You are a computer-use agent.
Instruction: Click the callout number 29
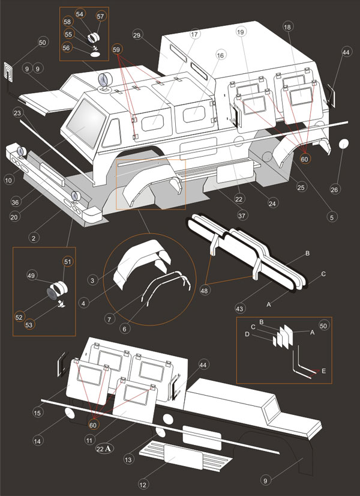[x=137, y=35]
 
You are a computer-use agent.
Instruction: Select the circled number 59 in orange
[x=116, y=50]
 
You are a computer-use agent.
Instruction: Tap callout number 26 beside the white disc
[x=334, y=190]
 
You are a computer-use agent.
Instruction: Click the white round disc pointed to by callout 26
[x=344, y=144]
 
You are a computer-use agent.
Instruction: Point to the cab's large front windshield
[x=86, y=123]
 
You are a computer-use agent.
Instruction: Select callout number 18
[x=287, y=27]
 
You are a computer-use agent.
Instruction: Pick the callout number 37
[x=242, y=216]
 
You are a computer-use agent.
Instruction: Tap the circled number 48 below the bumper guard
[x=204, y=290]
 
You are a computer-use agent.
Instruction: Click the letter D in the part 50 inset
[x=247, y=334]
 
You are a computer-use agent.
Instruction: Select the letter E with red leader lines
[x=323, y=371]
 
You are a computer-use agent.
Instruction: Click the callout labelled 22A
[x=104, y=449]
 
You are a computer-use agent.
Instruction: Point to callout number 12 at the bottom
[x=143, y=485]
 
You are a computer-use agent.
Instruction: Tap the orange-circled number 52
[x=19, y=317]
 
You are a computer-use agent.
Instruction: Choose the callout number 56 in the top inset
[x=67, y=47]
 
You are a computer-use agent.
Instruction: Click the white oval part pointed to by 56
[x=95, y=55]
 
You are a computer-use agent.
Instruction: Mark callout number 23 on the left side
[x=17, y=113]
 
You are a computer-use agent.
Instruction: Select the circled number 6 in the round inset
[x=124, y=329]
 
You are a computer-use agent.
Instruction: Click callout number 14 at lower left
[x=37, y=441]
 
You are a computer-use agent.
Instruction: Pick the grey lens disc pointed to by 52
[x=52, y=294]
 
